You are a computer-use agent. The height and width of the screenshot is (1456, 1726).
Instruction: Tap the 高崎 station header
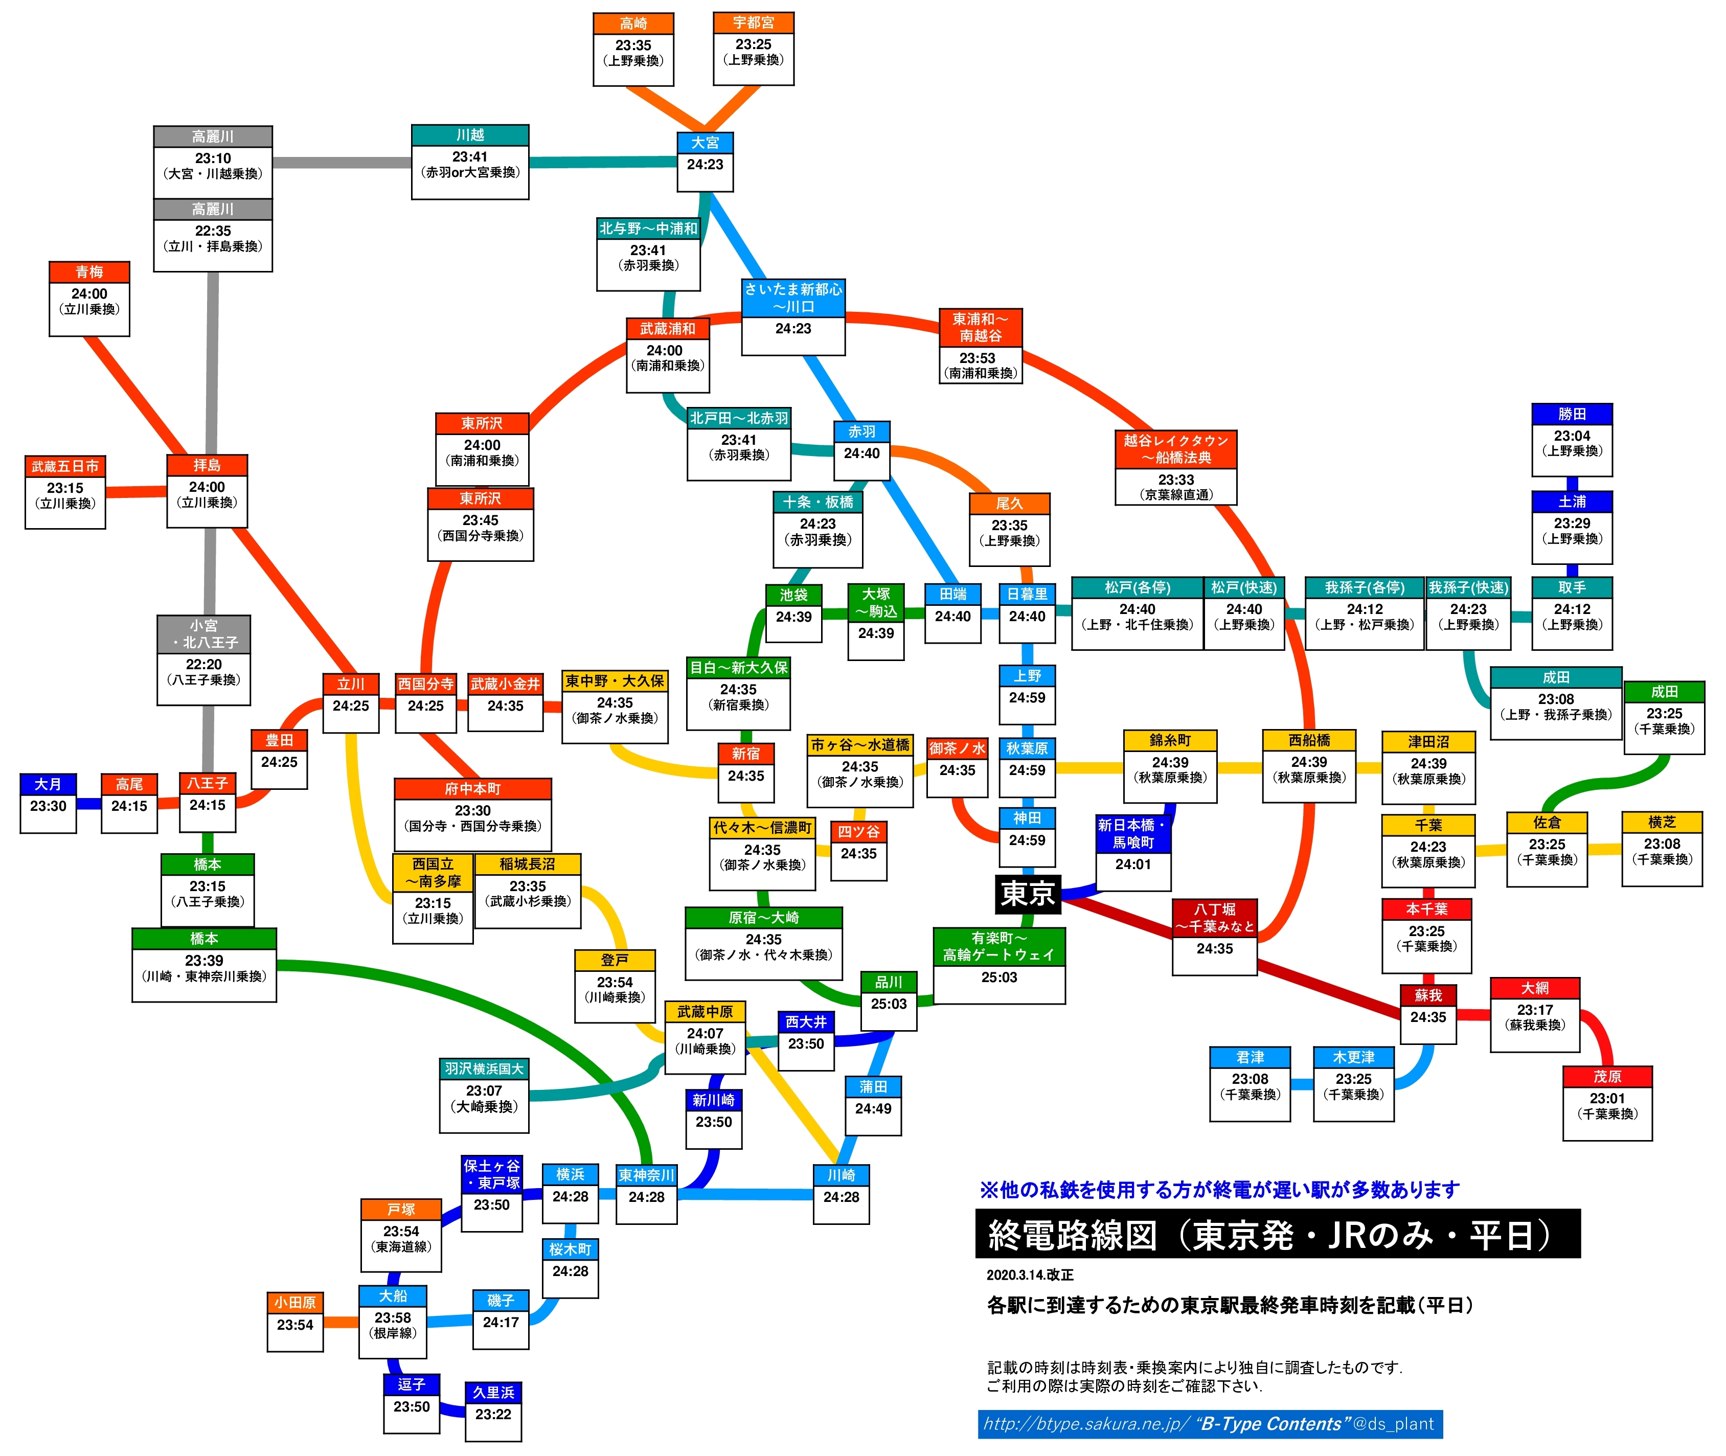coord(633,23)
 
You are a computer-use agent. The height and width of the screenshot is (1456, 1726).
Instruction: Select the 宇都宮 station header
coord(753,22)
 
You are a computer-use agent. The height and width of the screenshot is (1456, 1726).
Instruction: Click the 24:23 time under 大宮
coord(705,164)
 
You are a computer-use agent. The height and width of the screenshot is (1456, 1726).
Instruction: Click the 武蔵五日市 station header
coord(65,466)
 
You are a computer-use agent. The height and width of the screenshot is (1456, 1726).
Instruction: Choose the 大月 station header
coord(48,784)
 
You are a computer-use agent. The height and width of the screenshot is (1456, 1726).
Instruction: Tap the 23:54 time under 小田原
coord(294,1325)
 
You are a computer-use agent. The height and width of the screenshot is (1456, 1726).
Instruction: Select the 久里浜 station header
coord(493,1393)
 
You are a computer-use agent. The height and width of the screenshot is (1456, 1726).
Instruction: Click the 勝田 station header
coord(1572,414)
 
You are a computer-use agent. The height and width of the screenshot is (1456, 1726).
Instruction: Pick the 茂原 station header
coord(1607,1076)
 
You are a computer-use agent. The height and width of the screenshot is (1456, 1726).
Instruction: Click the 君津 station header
coord(1250,1057)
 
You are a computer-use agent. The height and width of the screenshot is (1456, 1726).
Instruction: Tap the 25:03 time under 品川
coord(888,1004)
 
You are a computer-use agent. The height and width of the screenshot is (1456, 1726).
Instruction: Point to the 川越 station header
coord(470,134)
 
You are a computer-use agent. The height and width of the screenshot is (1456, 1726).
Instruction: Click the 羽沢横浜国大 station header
coord(484,1069)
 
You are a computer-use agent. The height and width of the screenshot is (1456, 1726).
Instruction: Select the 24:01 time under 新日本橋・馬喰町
coord(1132,864)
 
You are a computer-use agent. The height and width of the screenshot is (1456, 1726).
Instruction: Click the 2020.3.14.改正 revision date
coord(1029,1275)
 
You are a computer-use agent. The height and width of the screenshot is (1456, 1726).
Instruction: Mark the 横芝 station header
coord(1662,822)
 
